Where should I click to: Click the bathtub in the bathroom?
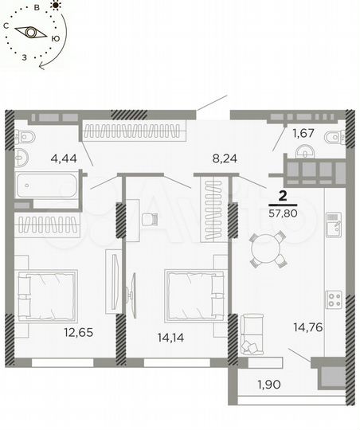click(x=47, y=188)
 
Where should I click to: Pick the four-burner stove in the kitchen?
click(x=335, y=300)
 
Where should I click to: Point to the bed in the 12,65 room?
click(x=48, y=295)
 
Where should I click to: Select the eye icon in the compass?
click(x=33, y=33)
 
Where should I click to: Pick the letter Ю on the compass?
click(x=54, y=37)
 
